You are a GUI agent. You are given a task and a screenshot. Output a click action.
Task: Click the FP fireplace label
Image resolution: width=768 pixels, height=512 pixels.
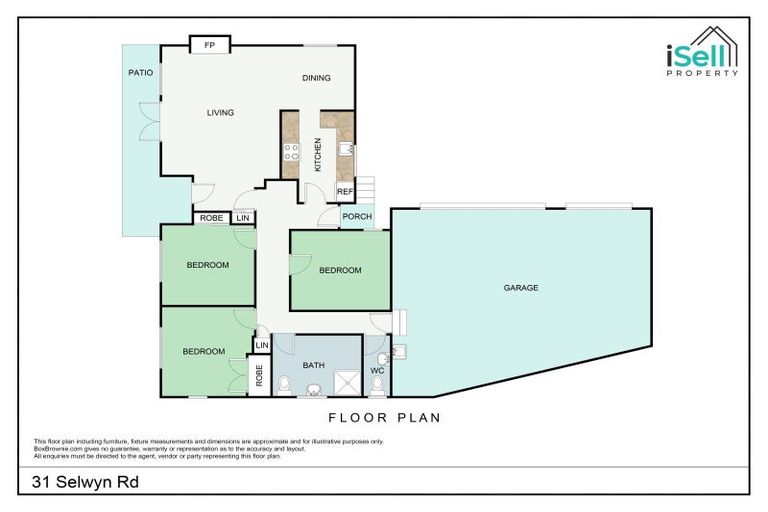click(210, 45)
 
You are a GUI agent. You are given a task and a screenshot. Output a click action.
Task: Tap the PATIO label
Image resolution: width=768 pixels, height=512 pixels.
click(141, 73)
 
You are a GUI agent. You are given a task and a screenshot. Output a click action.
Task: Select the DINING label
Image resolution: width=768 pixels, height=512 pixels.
click(316, 78)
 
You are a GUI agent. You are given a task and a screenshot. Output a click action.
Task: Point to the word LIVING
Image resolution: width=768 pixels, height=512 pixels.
click(220, 113)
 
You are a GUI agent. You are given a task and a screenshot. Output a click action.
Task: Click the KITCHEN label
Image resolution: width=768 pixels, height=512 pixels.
click(318, 155)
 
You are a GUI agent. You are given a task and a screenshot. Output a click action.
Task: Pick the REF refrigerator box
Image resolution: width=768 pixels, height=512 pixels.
click(345, 191)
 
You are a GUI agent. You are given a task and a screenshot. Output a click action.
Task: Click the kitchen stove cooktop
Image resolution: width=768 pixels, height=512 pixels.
click(291, 152)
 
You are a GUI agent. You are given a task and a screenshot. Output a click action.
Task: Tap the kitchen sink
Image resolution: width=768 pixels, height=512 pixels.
click(346, 149)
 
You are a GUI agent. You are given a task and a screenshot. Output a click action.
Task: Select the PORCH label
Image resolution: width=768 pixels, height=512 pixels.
click(357, 217)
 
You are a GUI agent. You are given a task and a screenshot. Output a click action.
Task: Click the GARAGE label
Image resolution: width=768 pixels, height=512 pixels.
click(521, 288)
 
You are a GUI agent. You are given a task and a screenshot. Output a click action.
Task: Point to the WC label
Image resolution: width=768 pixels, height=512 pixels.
click(377, 370)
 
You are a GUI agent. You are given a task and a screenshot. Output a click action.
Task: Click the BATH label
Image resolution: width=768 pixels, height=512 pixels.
click(313, 365)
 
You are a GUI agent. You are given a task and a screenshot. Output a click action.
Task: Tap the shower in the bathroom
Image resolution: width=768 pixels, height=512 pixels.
click(347, 383)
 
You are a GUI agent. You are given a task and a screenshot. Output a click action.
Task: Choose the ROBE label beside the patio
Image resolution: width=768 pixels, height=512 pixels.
click(212, 218)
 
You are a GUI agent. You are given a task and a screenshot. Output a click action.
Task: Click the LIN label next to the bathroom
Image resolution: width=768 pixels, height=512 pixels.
click(262, 345)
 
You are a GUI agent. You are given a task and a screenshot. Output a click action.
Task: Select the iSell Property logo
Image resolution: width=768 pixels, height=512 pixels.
click(702, 52)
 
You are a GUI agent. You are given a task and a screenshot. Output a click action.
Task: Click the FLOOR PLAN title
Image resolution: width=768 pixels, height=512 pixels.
click(384, 418)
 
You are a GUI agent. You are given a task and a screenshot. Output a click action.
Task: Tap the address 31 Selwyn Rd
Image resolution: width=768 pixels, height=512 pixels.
click(85, 482)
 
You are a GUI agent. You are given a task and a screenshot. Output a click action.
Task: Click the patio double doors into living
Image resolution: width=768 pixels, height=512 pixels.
click(149, 122)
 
